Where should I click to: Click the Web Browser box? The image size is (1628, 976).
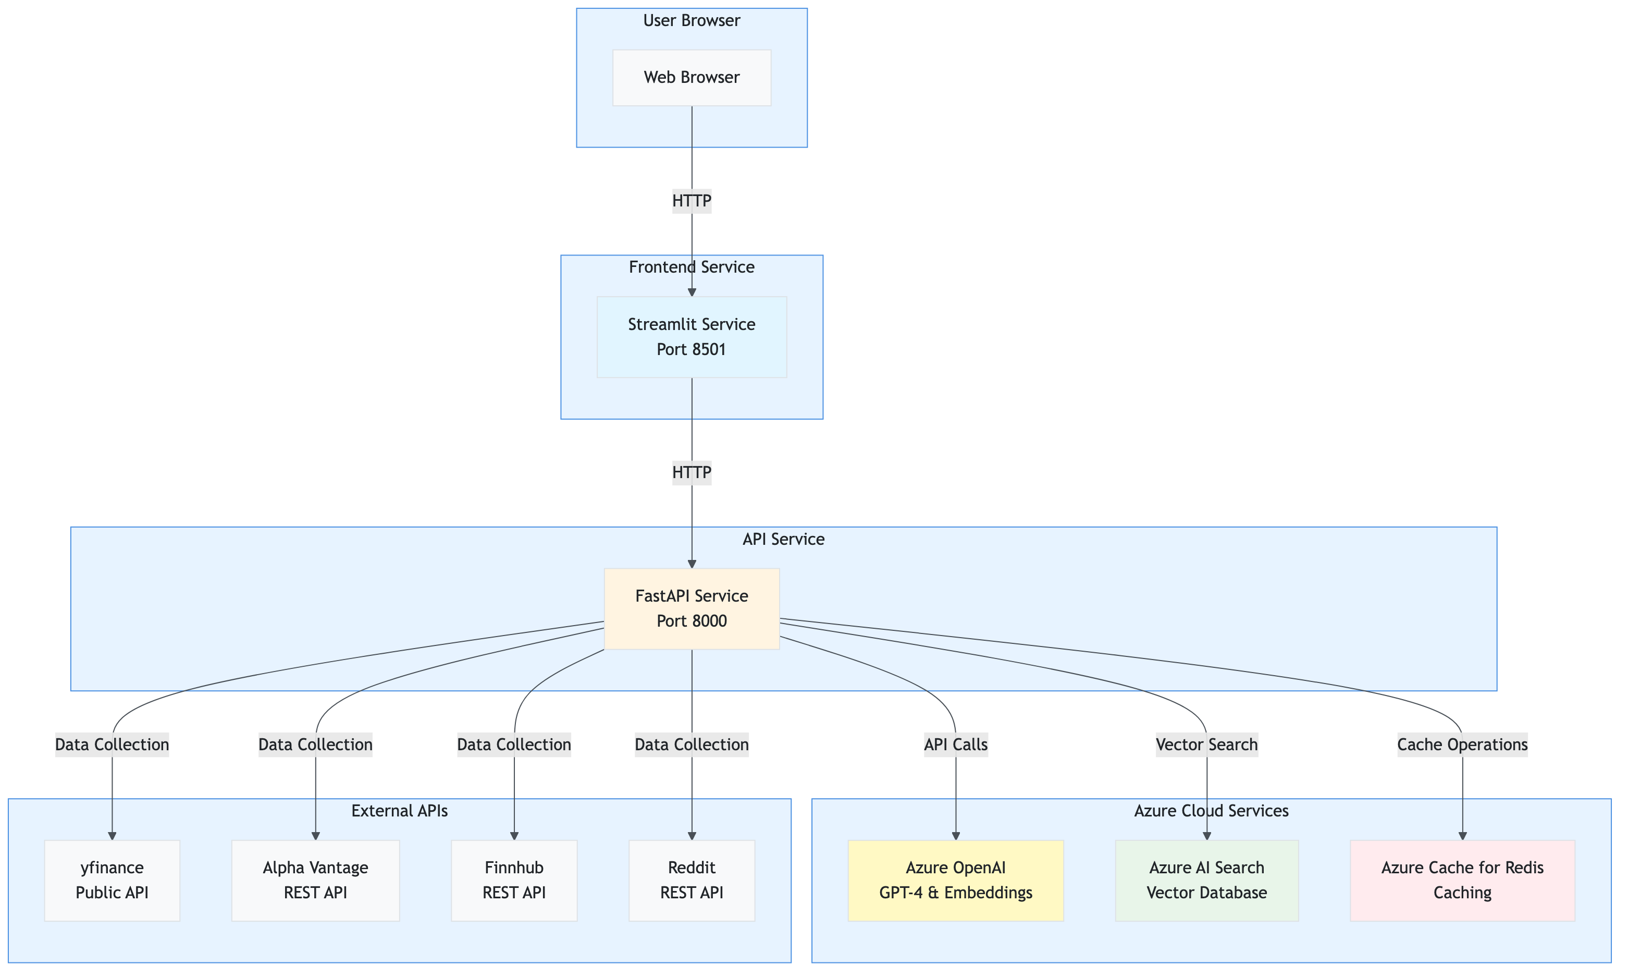point(692,78)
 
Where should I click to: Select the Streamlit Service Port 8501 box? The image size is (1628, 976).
point(692,337)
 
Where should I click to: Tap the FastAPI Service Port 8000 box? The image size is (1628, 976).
point(692,608)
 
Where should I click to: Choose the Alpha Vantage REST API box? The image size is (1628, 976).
point(315,880)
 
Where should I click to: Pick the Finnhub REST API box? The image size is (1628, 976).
point(514,880)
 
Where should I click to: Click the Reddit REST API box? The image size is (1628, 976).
point(692,880)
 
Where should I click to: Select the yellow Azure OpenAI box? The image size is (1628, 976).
point(956,880)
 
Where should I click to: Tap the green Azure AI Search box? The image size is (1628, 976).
point(1207,880)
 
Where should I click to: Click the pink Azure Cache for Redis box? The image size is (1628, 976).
point(1462,880)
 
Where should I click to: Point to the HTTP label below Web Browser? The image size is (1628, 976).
point(692,201)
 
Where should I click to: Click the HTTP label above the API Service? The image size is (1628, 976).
point(692,472)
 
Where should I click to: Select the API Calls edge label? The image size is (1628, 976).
point(956,745)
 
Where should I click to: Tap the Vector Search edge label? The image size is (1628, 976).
point(1207,745)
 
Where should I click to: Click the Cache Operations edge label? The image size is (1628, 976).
point(1462,745)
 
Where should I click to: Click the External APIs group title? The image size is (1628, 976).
point(400,811)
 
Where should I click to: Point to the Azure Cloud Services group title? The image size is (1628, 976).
point(1211,811)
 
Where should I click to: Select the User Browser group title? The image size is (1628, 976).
point(692,20)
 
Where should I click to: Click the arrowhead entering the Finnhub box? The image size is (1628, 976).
point(514,836)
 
